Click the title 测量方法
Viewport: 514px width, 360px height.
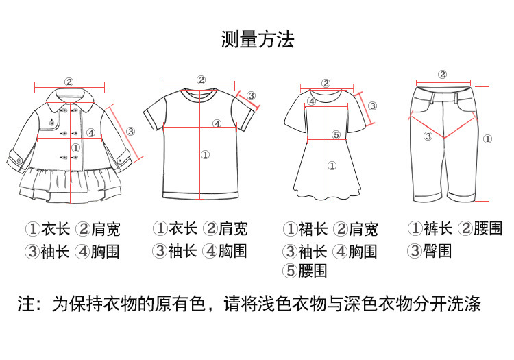point(257,39)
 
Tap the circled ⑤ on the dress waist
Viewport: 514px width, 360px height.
point(336,135)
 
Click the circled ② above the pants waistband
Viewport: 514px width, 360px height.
point(442,75)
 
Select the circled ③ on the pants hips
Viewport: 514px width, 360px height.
point(428,136)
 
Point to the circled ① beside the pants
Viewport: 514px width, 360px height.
point(487,139)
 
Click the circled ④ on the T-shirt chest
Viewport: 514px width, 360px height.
point(217,124)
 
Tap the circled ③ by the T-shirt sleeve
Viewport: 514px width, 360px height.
point(252,95)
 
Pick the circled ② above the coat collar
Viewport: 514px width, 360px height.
point(69,82)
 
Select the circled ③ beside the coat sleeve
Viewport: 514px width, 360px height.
point(130,131)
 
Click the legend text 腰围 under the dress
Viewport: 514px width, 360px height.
point(313,271)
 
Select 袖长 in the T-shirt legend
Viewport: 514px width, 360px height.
point(182,250)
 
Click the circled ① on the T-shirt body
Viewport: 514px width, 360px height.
point(205,155)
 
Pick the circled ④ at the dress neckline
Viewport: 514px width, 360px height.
point(311,101)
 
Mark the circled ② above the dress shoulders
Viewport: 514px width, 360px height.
point(326,83)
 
